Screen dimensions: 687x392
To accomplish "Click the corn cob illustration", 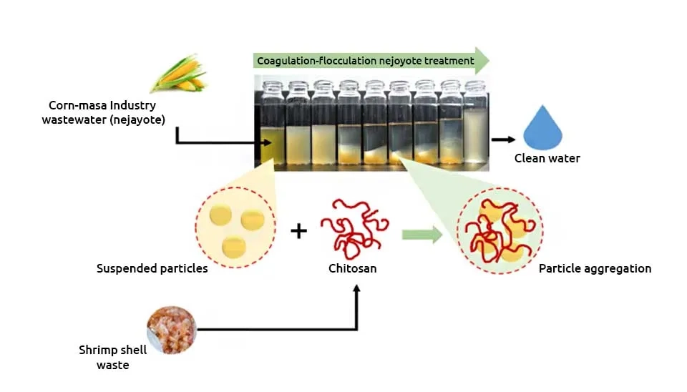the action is coord(179,74).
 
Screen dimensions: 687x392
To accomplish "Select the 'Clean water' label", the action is coord(547,158).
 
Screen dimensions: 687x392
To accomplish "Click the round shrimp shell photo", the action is coord(171,330).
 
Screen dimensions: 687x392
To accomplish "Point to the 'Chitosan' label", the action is coord(352,268).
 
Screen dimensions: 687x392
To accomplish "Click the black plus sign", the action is coord(299,231).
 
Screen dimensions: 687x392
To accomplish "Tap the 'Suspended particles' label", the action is coord(152,268).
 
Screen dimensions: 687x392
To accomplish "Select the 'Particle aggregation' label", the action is coord(595,268).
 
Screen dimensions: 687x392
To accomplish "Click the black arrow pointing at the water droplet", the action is coord(503,139).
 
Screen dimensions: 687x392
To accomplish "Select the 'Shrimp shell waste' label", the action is coord(112,358).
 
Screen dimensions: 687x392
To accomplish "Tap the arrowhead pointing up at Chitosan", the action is coord(356,288).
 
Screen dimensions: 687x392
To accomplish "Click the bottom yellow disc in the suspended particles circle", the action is coord(234,247).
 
